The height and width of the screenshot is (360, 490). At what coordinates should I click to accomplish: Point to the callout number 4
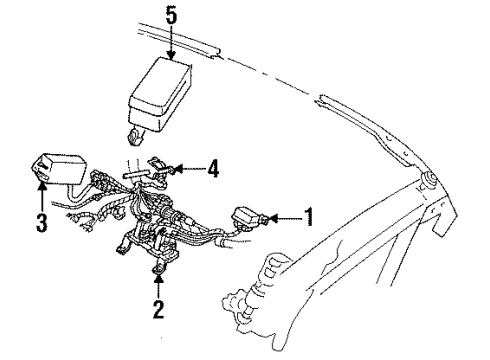[213, 168]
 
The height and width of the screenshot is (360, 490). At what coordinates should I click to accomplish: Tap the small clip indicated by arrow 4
[161, 166]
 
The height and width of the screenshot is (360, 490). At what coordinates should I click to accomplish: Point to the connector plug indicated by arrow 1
[248, 217]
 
